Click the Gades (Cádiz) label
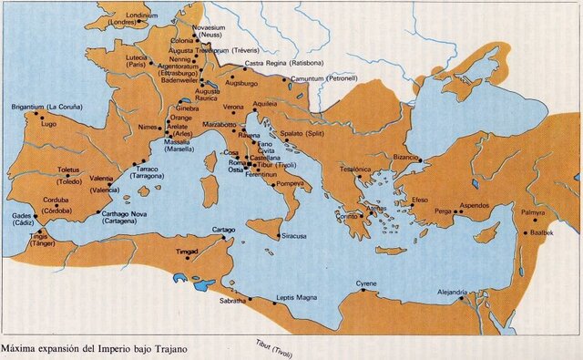(x=21, y=220)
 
